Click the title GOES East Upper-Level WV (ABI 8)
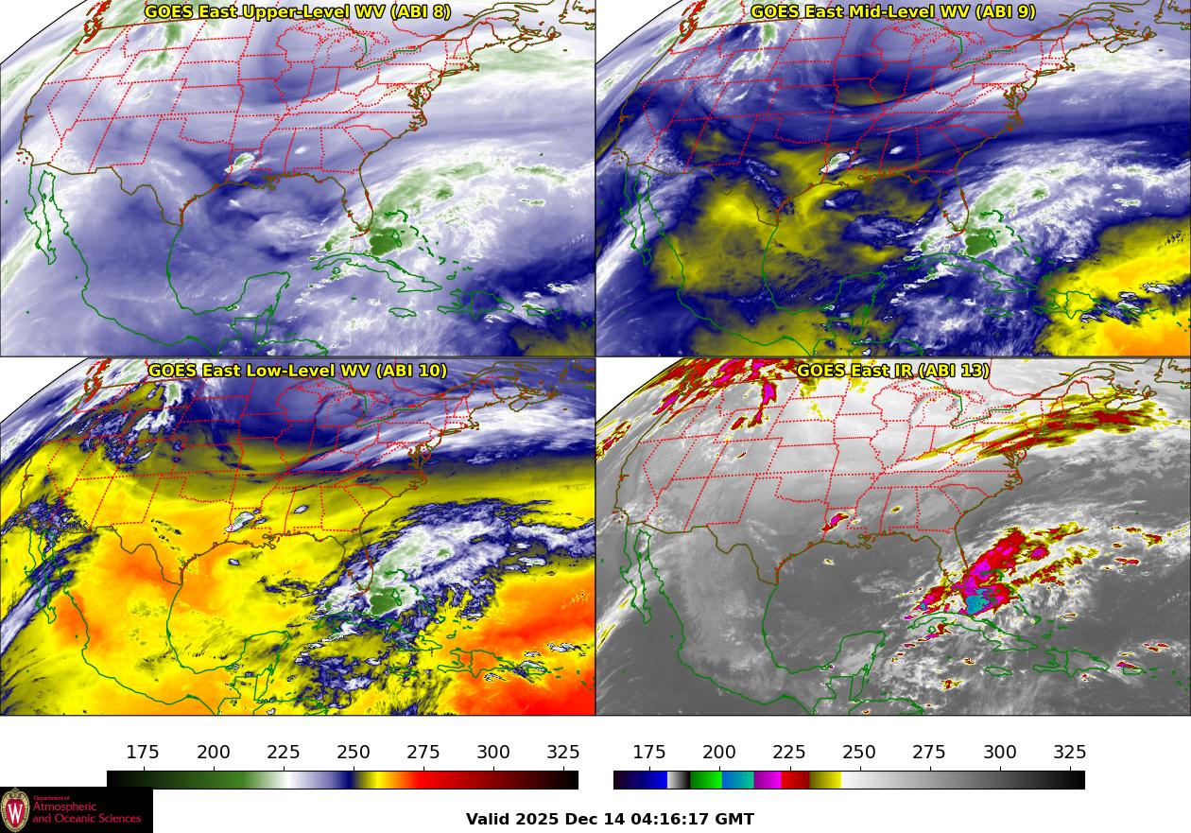[x=298, y=12]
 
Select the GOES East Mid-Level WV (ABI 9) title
[x=893, y=12]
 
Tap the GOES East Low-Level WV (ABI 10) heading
[x=298, y=371]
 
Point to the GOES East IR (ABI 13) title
[x=893, y=371]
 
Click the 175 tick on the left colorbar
[x=143, y=753]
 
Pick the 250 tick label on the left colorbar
[x=354, y=753]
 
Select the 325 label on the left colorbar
[x=563, y=753]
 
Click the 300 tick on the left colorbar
[x=493, y=753]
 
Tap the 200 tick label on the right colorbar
[x=719, y=753]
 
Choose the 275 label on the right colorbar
[x=929, y=753]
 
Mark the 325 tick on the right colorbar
[x=1069, y=753]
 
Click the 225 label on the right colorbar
[x=789, y=753]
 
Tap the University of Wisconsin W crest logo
[x=15, y=810]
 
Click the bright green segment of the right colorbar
[x=705, y=780]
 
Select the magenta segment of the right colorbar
[x=768, y=780]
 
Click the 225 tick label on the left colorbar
[x=284, y=753]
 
